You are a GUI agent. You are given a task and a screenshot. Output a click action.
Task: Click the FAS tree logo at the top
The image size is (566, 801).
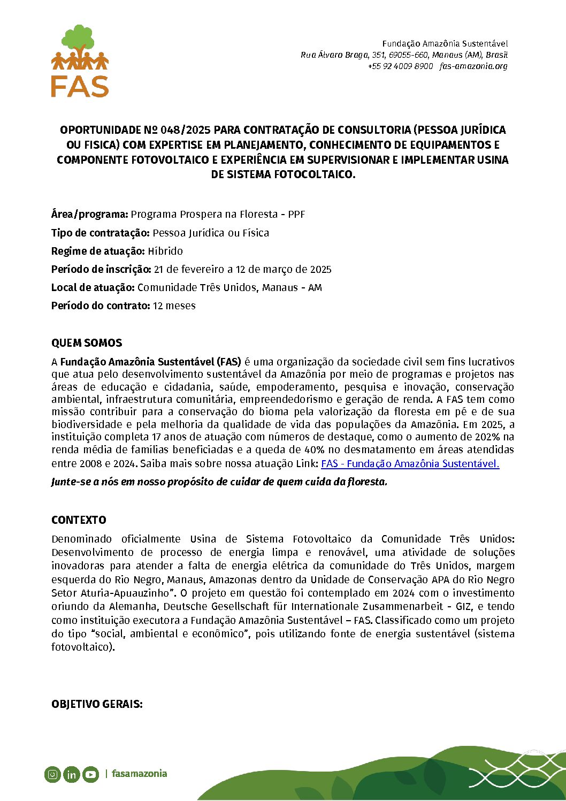tap(80, 60)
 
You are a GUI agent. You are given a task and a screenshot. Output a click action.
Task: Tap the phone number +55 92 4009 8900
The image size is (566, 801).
tap(400, 66)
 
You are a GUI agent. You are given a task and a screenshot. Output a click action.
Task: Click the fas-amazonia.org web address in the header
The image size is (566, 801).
tap(473, 66)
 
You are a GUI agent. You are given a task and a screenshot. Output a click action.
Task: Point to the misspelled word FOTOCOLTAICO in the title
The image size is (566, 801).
tap(315, 174)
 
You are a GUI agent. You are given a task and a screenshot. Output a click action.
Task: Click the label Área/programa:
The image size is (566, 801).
tap(89, 214)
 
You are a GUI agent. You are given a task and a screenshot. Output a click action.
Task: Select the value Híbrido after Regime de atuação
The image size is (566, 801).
tap(165, 251)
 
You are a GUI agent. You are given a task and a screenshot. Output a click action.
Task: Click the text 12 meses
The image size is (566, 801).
tap(174, 306)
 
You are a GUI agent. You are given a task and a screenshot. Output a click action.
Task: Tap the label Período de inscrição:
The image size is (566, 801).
tap(101, 269)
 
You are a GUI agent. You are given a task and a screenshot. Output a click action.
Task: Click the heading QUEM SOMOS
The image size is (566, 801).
tap(87, 343)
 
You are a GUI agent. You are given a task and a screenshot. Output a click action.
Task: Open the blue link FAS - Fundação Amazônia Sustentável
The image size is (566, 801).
tap(410, 463)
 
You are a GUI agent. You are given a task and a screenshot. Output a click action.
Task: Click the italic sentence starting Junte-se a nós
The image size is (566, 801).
tap(219, 482)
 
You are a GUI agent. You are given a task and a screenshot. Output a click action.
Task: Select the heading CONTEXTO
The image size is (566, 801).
tap(79, 520)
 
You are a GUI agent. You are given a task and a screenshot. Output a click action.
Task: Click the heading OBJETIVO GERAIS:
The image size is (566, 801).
tap(97, 704)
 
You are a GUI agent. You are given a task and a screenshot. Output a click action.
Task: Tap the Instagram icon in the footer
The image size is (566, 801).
tap(52, 774)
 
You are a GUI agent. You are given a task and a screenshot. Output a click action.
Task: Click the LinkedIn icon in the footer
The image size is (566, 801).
tap(71, 774)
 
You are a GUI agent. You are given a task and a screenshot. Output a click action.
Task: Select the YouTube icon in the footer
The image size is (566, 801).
tap(90, 774)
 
